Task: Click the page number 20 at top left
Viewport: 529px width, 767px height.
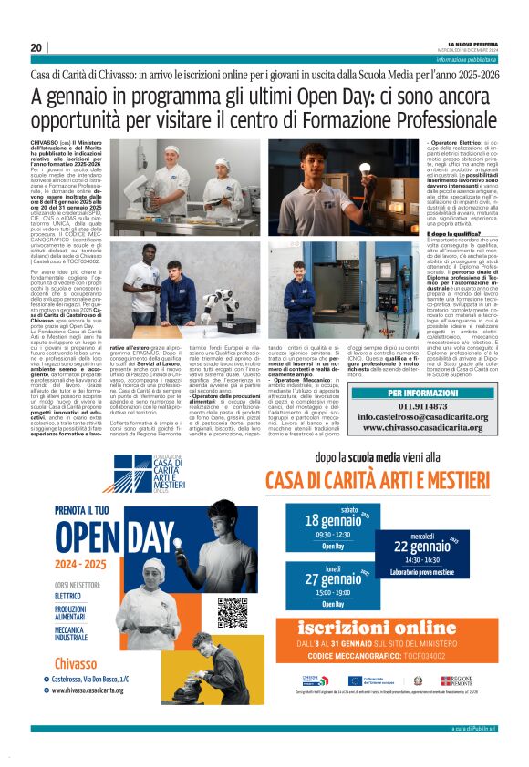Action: [x=36, y=47]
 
